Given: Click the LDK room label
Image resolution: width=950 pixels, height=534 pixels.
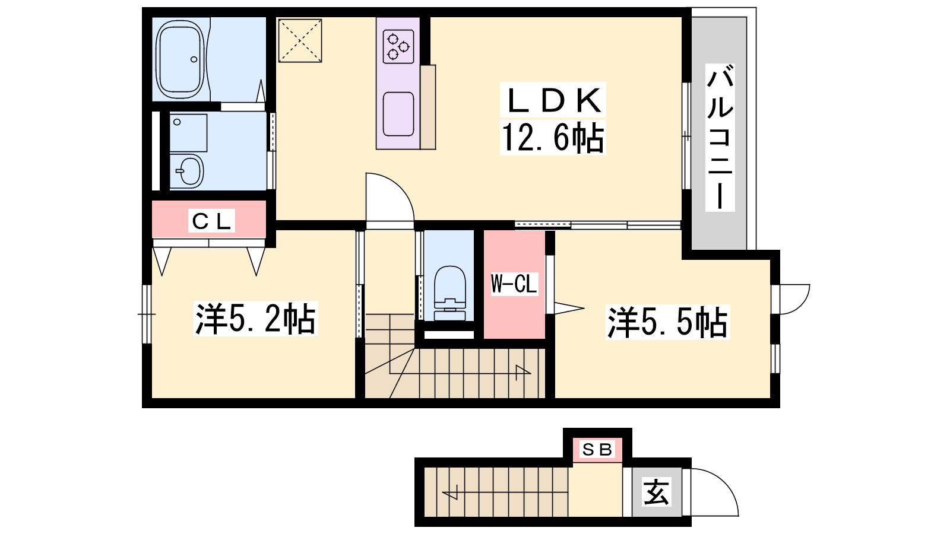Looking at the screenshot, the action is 553,100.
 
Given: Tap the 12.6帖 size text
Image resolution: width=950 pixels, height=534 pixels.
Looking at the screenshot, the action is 553,137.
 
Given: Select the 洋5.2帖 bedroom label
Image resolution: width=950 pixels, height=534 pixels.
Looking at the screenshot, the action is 255,318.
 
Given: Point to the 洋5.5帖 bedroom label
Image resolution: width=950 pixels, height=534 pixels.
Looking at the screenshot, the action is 667,322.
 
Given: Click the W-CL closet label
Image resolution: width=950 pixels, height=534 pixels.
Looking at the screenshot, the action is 514,284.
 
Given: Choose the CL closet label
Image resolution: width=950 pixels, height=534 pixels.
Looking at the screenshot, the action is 211,221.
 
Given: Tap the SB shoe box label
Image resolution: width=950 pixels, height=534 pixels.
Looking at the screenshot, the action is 597,449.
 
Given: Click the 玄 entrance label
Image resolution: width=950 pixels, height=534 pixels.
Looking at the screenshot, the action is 656,492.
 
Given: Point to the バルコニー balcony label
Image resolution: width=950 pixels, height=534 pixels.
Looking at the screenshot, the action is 720,137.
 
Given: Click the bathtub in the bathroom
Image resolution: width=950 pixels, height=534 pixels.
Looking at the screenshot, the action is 180,59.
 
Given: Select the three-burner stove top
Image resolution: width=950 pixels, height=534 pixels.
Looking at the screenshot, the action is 398,47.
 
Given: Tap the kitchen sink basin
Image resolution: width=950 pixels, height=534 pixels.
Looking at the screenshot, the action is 398,114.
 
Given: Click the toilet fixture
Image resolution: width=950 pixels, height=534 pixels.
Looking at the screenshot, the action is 450,293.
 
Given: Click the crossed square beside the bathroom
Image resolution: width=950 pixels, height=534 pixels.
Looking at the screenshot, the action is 300,41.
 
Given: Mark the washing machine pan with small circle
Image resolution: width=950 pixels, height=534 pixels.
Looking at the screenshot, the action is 188,133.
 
